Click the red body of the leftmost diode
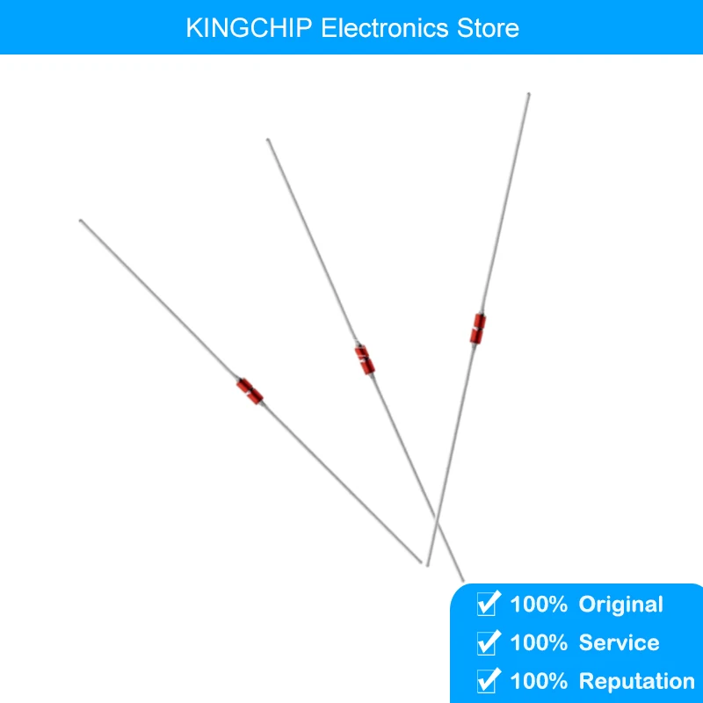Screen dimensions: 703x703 [x=249, y=391]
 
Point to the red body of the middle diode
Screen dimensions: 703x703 [x=365, y=359]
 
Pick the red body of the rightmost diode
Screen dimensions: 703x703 [x=479, y=328]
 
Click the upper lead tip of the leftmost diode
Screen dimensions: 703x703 [x=81, y=221]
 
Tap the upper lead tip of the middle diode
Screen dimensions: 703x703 [x=268, y=139]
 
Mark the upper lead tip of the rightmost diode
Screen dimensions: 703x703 [x=528, y=93]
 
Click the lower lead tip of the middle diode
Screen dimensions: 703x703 [x=462, y=580]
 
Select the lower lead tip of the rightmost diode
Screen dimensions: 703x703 [x=428, y=564]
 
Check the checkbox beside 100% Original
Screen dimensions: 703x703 [x=486, y=604]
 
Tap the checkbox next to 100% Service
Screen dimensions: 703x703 [x=486, y=642]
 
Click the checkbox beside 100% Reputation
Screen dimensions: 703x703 [x=486, y=681]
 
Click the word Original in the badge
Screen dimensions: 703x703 [x=620, y=605]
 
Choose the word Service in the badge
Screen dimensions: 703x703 [x=619, y=643]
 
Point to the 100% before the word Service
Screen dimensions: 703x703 [x=539, y=643]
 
